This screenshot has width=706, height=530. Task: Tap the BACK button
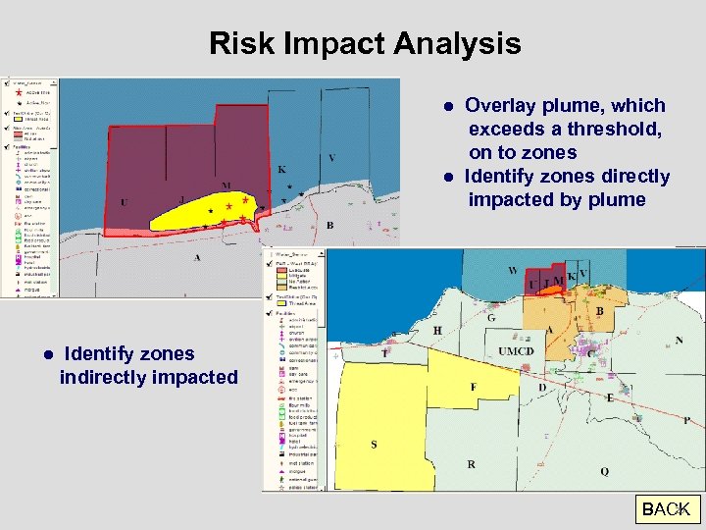(x=666, y=509)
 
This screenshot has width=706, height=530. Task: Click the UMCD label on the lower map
(x=515, y=351)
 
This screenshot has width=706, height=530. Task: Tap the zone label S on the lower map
(x=374, y=444)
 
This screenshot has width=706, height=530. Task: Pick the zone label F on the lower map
(x=473, y=387)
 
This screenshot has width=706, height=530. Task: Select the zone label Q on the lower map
(x=604, y=471)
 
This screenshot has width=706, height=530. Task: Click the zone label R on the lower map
(x=472, y=464)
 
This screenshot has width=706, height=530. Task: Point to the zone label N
(x=679, y=341)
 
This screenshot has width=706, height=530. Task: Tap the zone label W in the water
(x=513, y=270)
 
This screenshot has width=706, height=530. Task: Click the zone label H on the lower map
(x=437, y=331)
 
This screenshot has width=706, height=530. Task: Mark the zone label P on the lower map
(x=686, y=420)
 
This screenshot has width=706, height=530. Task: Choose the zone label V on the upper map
(x=331, y=158)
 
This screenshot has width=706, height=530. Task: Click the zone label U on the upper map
(x=125, y=202)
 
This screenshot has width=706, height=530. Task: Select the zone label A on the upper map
(x=197, y=257)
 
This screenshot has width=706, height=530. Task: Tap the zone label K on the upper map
(x=282, y=170)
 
